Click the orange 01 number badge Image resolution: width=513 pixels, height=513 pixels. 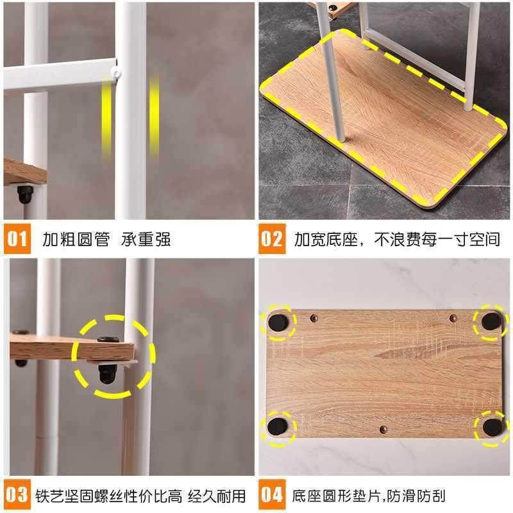point(18,240)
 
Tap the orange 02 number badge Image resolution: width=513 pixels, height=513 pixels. point(271,240)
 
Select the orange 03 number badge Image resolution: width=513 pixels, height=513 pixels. point(18,495)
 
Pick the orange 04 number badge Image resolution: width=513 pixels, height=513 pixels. point(271,495)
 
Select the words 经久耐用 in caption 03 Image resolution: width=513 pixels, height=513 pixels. point(215,496)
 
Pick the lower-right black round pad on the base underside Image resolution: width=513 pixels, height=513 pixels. point(491,426)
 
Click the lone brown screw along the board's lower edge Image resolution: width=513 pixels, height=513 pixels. point(383,428)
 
